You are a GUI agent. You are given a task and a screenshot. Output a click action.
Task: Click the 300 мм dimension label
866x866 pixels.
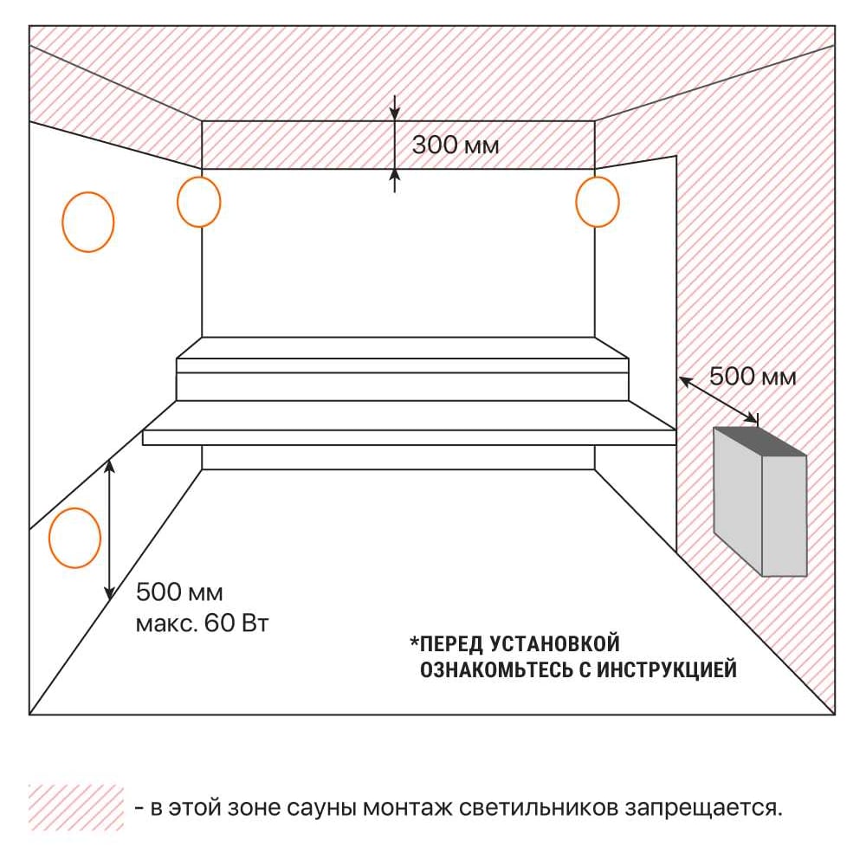[x=456, y=145]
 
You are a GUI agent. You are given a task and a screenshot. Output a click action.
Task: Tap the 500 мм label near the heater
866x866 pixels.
[x=753, y=377]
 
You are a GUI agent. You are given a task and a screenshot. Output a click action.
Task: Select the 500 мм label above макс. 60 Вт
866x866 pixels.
[x=179, y=592]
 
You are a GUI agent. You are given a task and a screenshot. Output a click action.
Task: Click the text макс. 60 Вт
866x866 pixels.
[x=202, y=624]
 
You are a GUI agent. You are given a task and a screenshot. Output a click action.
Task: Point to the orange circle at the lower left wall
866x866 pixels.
[x=49, y=538]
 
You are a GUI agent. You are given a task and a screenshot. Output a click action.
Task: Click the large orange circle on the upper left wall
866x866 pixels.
[x=62, y=222]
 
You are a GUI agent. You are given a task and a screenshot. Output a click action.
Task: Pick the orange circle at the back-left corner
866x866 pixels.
[x=178, y=202]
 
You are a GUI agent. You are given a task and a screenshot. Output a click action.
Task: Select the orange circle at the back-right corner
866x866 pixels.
[x=577, y=202]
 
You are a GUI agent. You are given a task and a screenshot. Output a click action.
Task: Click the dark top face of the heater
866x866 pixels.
[x=760, y=442]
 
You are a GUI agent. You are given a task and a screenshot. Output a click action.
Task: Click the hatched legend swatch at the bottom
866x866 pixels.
[x=76, y=807]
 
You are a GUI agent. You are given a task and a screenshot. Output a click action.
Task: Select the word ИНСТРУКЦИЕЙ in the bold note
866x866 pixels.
[x=667, y=670]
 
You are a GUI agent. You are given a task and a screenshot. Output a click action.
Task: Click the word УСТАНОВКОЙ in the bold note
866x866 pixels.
[x=554, y=644]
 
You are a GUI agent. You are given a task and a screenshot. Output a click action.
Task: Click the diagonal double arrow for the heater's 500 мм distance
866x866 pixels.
[x=719, y=400]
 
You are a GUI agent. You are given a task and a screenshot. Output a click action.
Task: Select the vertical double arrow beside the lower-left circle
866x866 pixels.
[x=110, y=530]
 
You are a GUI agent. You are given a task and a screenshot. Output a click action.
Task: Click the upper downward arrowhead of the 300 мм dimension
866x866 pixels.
[x=394, y=113]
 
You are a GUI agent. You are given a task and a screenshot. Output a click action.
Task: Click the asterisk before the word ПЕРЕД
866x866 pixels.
[x=414, y=641]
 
